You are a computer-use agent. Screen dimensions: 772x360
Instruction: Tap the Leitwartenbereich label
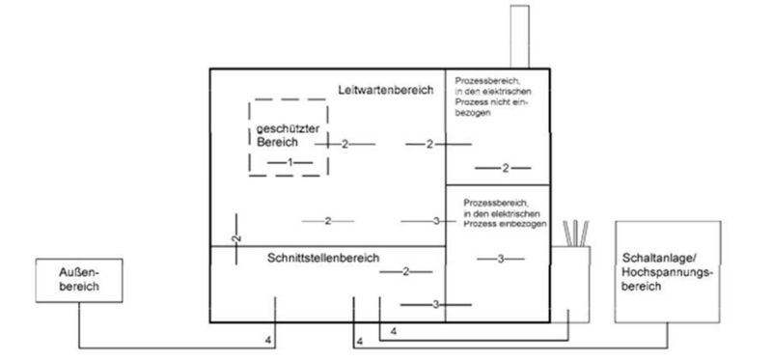pyautogui.click(x=379, y=90)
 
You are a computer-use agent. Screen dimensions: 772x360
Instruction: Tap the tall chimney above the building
pyautogui.click(x=519, y=36)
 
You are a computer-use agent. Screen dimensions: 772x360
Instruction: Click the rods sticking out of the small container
pyautogui.click(x=577, y=233)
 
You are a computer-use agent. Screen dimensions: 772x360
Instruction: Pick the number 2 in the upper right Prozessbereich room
pyautogui.click(x=505, y=169)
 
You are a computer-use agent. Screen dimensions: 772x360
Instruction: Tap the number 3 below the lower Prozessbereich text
pyautogui.click(x=501, y=259)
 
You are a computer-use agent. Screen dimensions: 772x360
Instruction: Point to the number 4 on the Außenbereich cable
pyautogui.click(x=268, y=340)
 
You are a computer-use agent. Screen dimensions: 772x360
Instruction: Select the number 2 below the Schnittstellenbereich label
pyautogui.click(x=405, y=273)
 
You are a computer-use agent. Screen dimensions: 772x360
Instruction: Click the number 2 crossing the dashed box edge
pyautogui.click(x=345, y=144)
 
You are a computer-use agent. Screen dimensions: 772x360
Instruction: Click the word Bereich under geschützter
pyautogui.click(x=277, y=142)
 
